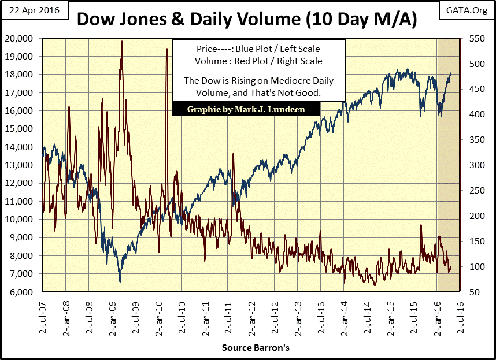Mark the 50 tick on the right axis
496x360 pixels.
coord(471,292)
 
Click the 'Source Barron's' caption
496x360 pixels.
coord(248,349)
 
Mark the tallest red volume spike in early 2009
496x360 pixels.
coord(121,42)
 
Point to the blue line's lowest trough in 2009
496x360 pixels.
coord(120,281)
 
